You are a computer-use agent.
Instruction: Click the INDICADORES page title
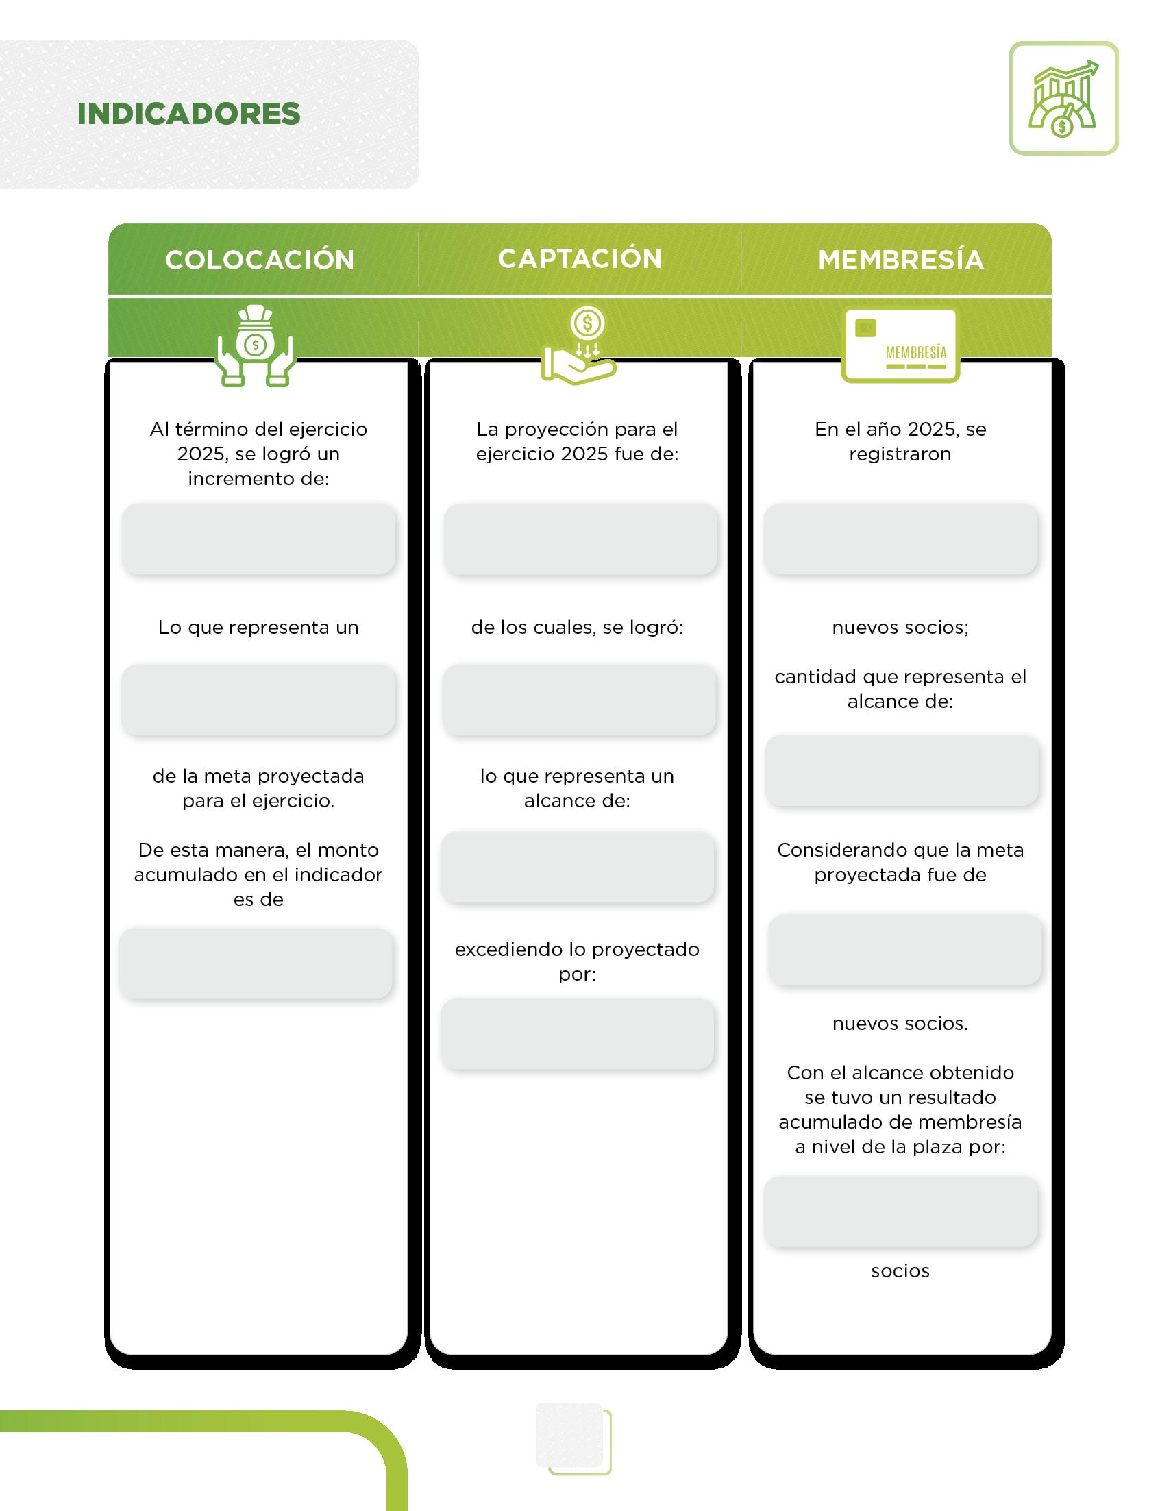pos(188,114)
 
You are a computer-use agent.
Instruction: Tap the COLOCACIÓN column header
pos(260,260)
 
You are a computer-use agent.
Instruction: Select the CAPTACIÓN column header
pos(580,258)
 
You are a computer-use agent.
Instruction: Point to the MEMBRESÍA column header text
pos(900,260)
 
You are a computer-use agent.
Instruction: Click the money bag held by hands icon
pos(256,345)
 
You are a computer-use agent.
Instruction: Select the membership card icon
pos(900,345)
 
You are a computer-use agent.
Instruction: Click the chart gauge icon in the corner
pos(1063,98)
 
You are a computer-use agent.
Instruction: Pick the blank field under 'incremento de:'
pos(259,539)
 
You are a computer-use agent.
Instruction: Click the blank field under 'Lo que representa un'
pos(259,699)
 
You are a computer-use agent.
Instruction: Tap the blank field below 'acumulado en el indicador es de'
pos(256,963)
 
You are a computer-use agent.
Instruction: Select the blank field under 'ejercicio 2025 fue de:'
pos(580,539)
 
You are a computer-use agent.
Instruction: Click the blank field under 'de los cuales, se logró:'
pos(578,699)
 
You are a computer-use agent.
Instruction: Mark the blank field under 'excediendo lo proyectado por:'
pos(577,1033)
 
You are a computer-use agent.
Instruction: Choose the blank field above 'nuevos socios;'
pos(900,539)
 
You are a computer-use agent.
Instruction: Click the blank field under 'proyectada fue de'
pos(904,950)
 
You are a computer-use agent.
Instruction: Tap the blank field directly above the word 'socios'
pos(900,1212)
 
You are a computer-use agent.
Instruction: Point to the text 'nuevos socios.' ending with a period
pos(900,1024)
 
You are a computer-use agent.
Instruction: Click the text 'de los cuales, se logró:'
pos(577,627)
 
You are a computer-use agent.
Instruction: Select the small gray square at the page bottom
pos(569,1435)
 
